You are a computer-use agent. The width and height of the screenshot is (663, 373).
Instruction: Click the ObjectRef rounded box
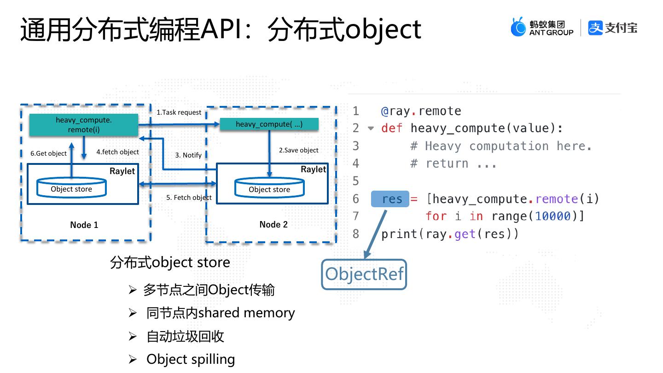(364, 274)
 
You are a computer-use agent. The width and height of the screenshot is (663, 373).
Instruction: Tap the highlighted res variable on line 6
(390, 199)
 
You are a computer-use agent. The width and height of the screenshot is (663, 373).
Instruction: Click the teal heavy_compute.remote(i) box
(84, 125)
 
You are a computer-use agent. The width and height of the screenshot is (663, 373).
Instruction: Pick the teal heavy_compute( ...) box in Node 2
(269, 124)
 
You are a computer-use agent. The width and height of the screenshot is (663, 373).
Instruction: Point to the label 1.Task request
(179, 112)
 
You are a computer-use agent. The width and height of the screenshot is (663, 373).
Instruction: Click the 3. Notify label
(188, 155)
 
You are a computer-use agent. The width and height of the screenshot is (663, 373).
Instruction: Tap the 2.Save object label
(299, 150)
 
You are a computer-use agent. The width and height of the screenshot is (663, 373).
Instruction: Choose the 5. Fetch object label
(189, 198)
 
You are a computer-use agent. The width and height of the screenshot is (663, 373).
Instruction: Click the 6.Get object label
(48, 153)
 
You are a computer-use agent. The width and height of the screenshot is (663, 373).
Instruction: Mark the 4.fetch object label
(117, 152)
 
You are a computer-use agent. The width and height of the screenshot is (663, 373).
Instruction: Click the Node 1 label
(84, 225)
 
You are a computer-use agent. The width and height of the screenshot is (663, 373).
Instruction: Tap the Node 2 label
(273, 224)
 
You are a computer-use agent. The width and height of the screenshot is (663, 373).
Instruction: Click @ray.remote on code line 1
(421, 111)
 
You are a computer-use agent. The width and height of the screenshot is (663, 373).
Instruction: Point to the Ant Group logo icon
(518, 28)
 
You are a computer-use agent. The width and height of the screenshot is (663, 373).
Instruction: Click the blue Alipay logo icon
(595, 28)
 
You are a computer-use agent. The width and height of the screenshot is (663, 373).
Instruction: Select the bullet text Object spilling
(191, 359)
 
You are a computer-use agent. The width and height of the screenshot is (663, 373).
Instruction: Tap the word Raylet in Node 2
(313, 169)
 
